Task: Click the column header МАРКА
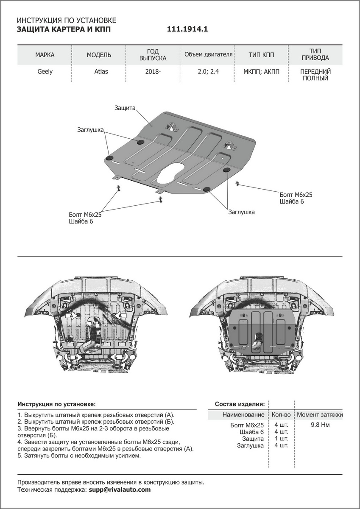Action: [45, 55]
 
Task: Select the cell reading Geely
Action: [45, 72]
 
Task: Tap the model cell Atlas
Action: [101, 72]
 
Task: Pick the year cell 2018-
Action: [153, 72]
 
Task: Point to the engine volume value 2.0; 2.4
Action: [208, 72]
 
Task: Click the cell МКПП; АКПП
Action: [261, 72]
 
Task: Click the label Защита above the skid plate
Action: [125, 108]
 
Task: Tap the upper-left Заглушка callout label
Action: [91, 129]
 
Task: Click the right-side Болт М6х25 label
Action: [296, 194]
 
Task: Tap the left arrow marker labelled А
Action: [72, 316]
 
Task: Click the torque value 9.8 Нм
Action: [320, 425]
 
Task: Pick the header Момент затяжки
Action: [320, 414]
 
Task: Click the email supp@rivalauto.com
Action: [119, 489]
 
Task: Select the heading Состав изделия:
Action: [240, 404]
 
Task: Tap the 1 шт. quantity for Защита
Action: [281, 439]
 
